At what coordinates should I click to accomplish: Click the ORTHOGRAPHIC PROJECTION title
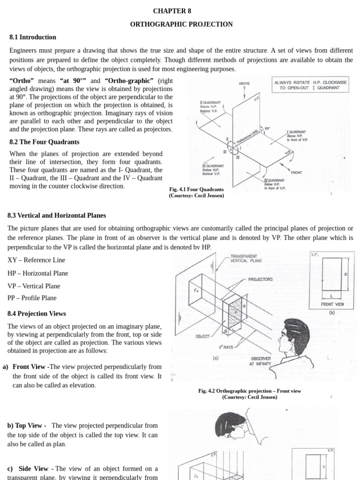click(x=181, y=24)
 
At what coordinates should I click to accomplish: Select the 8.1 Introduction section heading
click(x=33, y=37)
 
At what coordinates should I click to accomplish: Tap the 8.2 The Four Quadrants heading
click(x=45, y=142)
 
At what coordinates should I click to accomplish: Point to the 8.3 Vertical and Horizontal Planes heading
click(x=57, y=216)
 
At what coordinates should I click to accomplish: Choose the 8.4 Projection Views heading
click(x=37, y=314)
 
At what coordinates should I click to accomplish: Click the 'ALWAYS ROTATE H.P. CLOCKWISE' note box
click(x=311, y=85)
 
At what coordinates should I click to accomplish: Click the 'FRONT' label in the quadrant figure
click(x=296, y=172)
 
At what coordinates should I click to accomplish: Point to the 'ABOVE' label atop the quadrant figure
click(x=244, y=83)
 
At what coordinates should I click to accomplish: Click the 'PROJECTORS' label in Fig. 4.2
click(x=261, y=279)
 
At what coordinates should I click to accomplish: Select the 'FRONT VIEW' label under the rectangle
click(x=332, y=304)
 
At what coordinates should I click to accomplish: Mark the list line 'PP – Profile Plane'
click(x=32, y=298)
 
